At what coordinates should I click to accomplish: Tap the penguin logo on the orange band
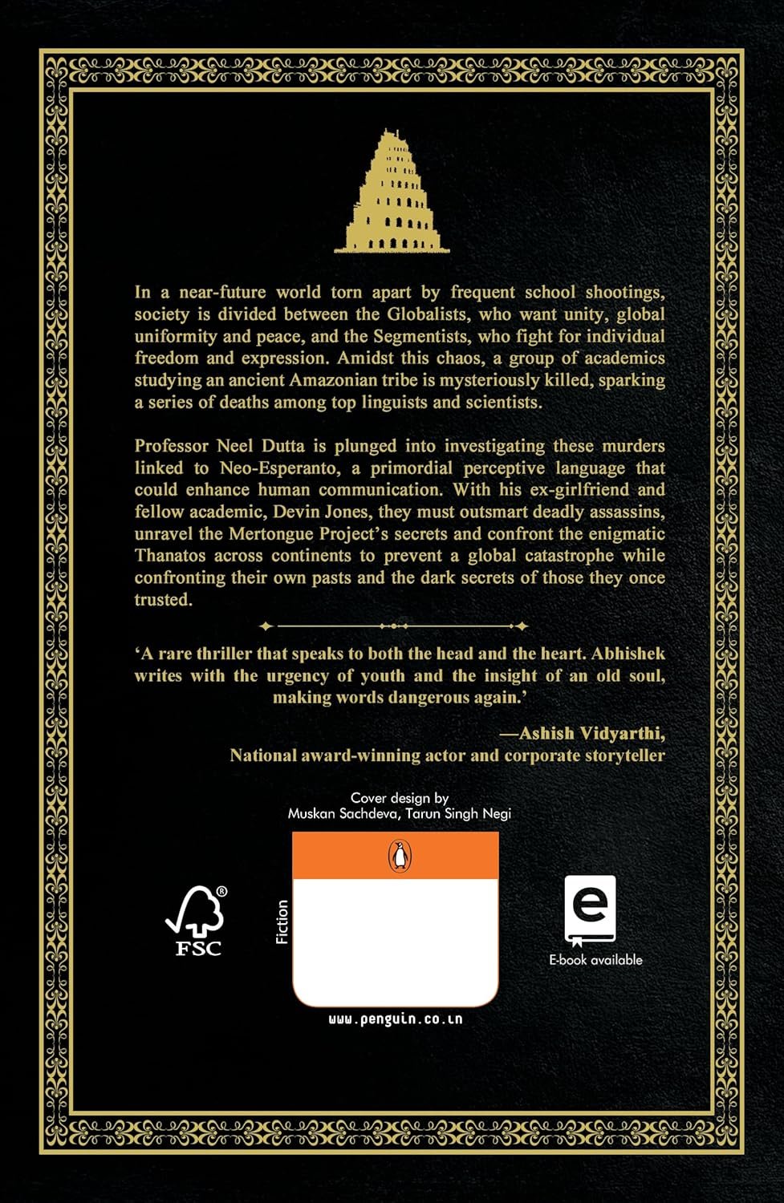coord(399,857)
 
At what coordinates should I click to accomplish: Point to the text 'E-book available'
coord(595,960)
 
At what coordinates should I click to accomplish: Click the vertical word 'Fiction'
coord(282,921)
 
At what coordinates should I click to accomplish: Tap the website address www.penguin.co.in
coord(395,1019)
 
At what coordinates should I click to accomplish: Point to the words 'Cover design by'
coord(399,798)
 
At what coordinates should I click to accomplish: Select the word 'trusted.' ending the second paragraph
coord(163,600)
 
